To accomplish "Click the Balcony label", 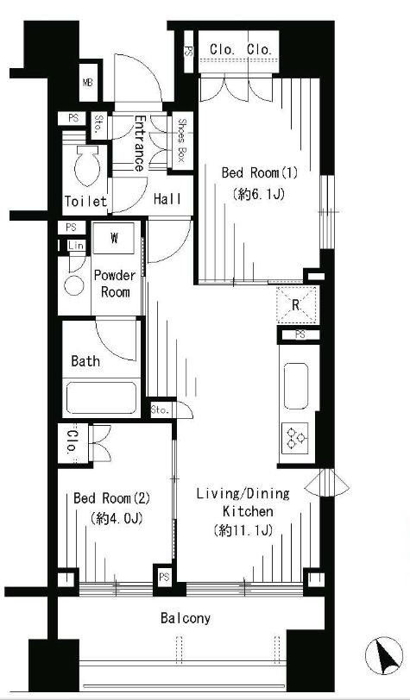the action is click(186, 619).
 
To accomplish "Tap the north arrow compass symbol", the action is click(383, 655).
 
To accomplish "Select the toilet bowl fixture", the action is click(87, 165).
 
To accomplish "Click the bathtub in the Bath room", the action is click(101, 397).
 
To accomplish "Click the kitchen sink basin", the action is click(295, 385).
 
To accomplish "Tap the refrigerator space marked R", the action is click(296, 305).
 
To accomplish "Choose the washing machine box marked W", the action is click(114, 239).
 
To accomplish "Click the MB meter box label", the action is click(88, 83).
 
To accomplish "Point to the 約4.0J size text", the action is click(116, 519).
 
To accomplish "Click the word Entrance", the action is click(139, 143).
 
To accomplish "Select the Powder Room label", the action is click(115, 284).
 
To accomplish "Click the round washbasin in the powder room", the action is click(73, 285).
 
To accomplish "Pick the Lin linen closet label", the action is click(75, 245).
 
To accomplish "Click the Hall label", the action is click(167, 199).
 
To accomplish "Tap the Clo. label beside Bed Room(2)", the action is click(72, 441).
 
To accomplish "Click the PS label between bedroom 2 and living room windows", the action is click(164, 578).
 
